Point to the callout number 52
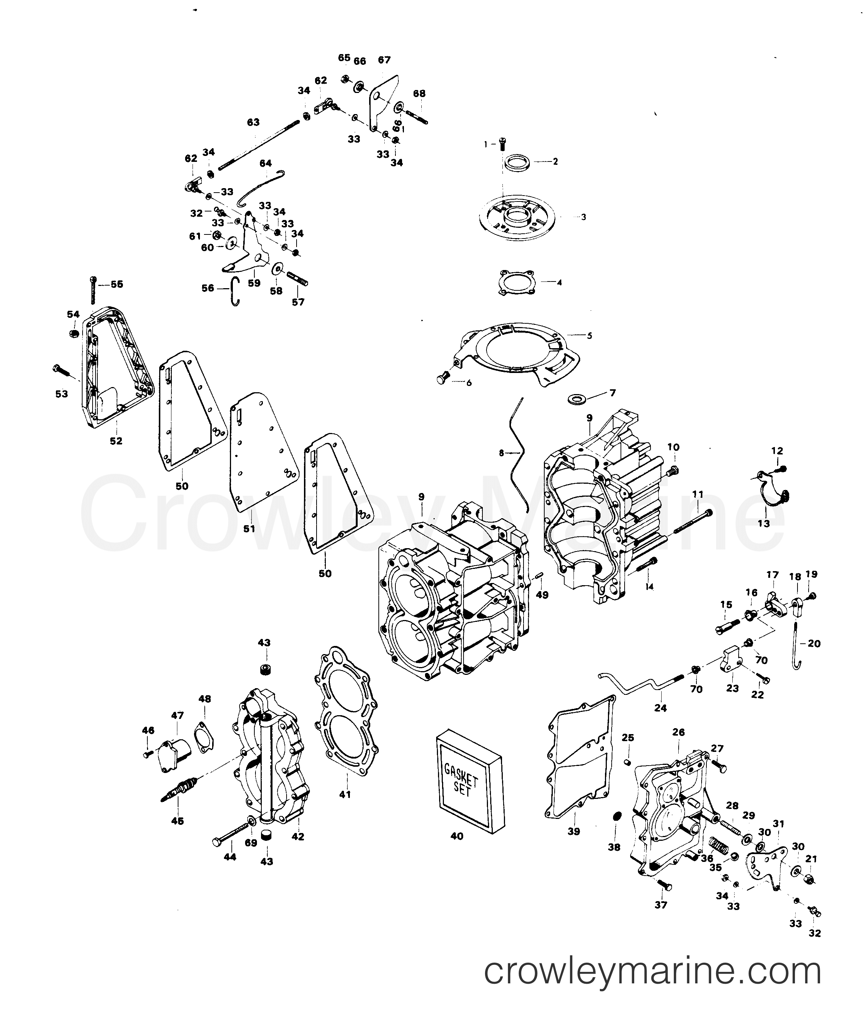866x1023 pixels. pyautogui.click(x=116, y=441)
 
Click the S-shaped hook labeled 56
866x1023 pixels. pyautogui.click(x=235, y=291)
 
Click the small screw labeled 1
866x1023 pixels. pyautogui.click(x=502, y=143)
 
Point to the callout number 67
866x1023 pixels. pyautogui.click(x=384, y=60)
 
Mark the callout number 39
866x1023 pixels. pyautogui.click(x=574, y=832)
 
